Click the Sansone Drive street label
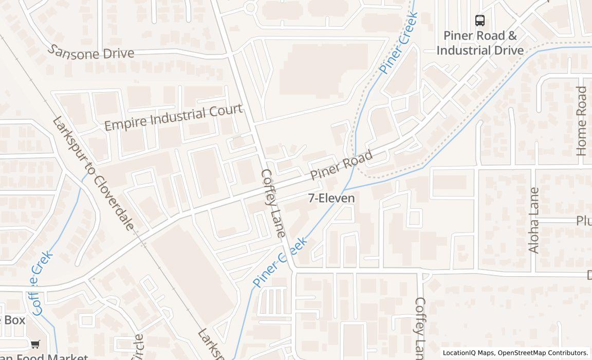tap(91, 52)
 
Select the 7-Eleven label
tap(331, 198)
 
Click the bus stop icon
tap(479, 21)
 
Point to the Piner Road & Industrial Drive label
tap(480, 43)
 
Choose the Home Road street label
tap(581, 121)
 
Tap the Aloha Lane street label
tap(534, 220)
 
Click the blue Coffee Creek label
tap(42, 282)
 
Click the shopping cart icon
tap(35, 345)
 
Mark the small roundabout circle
tap(251, 8)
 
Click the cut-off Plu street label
tap(583, 221)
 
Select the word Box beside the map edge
tap(13, 320)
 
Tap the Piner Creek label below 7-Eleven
tap(280, 262)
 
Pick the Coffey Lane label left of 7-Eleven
tap(273, 203)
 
